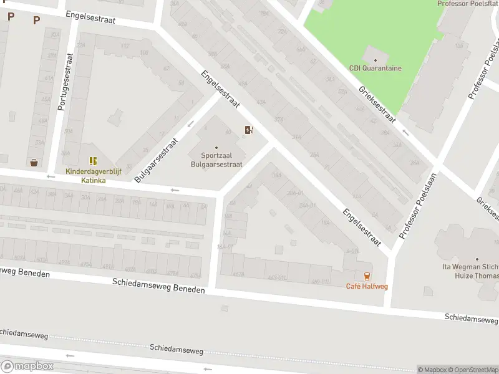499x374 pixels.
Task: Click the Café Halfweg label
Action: pyautogui.click(x=366, y=286)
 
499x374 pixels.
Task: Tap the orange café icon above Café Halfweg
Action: pyautogui.click(x=367, y=276)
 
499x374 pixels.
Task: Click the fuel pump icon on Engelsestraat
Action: pyautogui.click(x=249, y=130)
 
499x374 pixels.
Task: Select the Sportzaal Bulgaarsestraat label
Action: pyautogui.click(x=216, y=160)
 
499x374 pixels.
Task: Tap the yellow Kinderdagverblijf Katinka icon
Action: pyautogui.click(x=93, y=161)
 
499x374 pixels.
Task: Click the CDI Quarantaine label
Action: pyautogui.click(x=375, y=69)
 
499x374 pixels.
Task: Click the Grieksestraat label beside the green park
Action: pyautogui.click(x=377, y=103)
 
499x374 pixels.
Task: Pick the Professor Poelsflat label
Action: pyautogui.click(x=467, y=4)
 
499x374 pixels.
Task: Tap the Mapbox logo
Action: pyautogui.click(x=27, y=367)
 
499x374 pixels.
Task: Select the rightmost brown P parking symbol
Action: pyautogui.click(x=36, y=20)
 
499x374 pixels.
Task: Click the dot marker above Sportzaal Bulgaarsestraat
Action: pyautogui.click(x=216, y=148)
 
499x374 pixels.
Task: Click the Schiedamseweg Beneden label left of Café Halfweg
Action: pyautogui.click(x=158, y=286)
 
